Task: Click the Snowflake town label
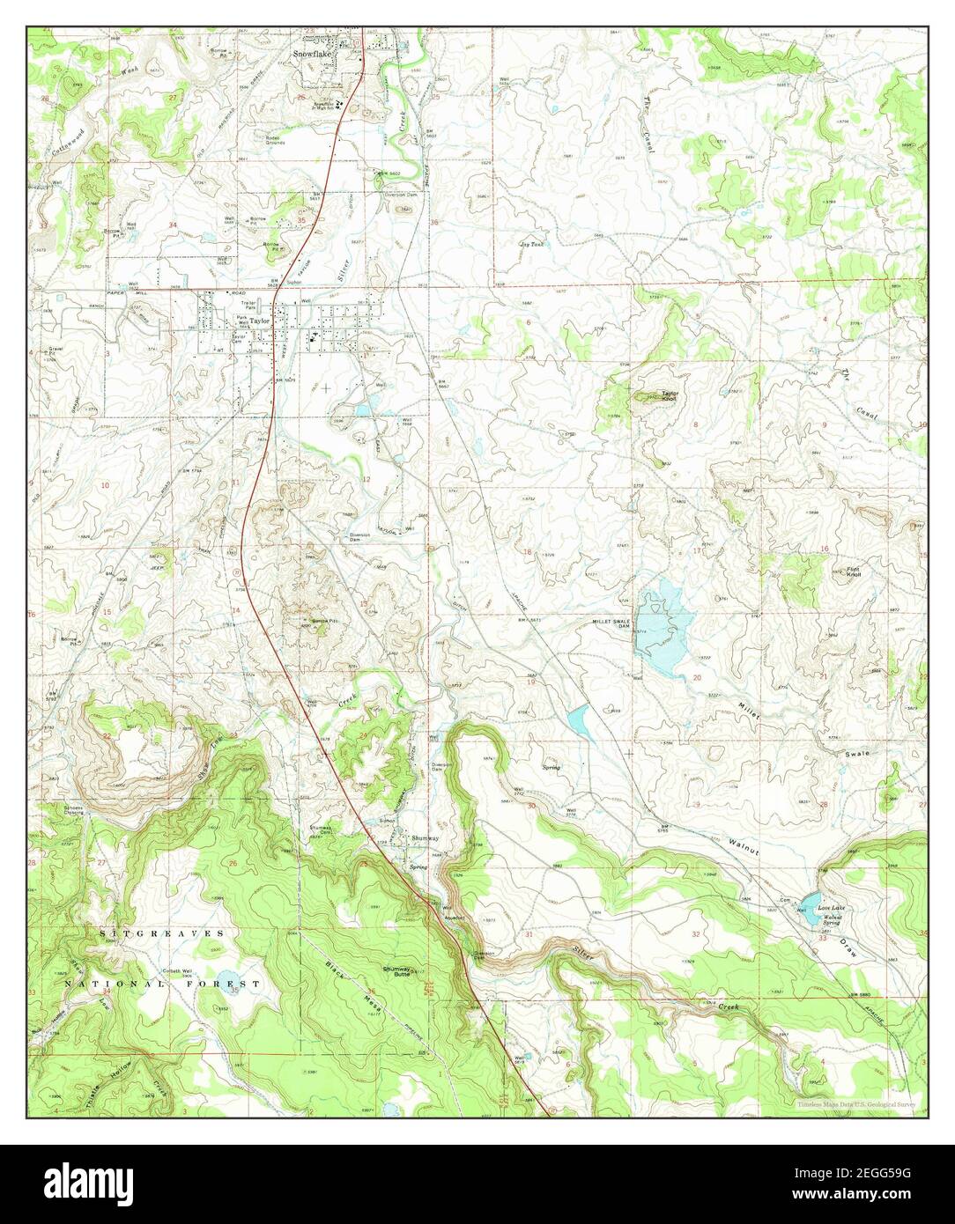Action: pyautogui.click(x=309, y=53)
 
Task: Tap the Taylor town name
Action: pyautogui.click(x=258, y=321)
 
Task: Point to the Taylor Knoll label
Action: pyautogui.click(x=671, y=395)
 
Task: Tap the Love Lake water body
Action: pyautogui.click(x=808, y=918)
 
